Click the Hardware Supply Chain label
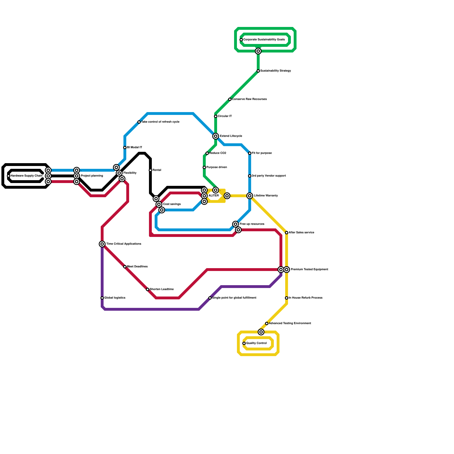pos(26,176)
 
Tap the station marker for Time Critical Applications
pos(102,244)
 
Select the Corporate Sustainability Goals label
pos(264,40)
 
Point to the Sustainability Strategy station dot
pos(258,71)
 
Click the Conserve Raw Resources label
pos(249,99)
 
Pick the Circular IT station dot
pos(216,116)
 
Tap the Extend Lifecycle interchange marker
pos(216,136)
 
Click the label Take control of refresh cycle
pos(160,122)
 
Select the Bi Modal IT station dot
pos(125,148)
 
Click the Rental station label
pos(157,170)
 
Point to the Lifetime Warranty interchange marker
pos(250,196)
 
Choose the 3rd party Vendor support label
pos(269,176)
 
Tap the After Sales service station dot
pos(287,233)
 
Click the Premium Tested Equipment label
pos(309,270)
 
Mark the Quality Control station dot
pos(244,343)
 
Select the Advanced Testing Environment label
pos(290,323)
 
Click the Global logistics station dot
pos(102,298)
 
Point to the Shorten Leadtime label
pos(161,289)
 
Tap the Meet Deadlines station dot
pos(125,267)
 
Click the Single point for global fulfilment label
pos(234,298)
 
